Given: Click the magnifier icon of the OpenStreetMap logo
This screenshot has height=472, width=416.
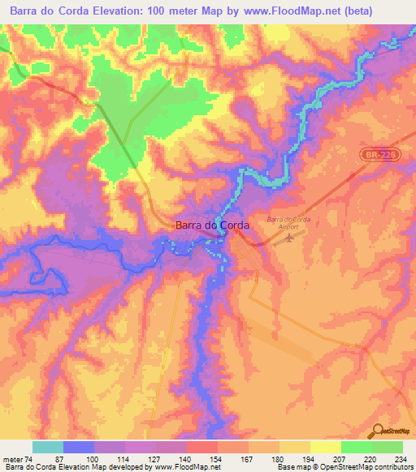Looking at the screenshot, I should (x=376, y=431).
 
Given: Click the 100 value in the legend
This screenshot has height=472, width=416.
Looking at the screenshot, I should (x=93, y=458).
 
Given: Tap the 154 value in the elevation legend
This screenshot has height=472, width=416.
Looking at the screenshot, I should (x=217, y=458).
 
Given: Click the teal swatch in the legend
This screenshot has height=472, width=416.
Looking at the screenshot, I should (x=48, y=447).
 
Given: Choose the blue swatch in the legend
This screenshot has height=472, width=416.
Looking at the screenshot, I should (x=79, y=447).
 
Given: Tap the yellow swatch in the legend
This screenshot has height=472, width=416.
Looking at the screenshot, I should (x=325, y=447).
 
